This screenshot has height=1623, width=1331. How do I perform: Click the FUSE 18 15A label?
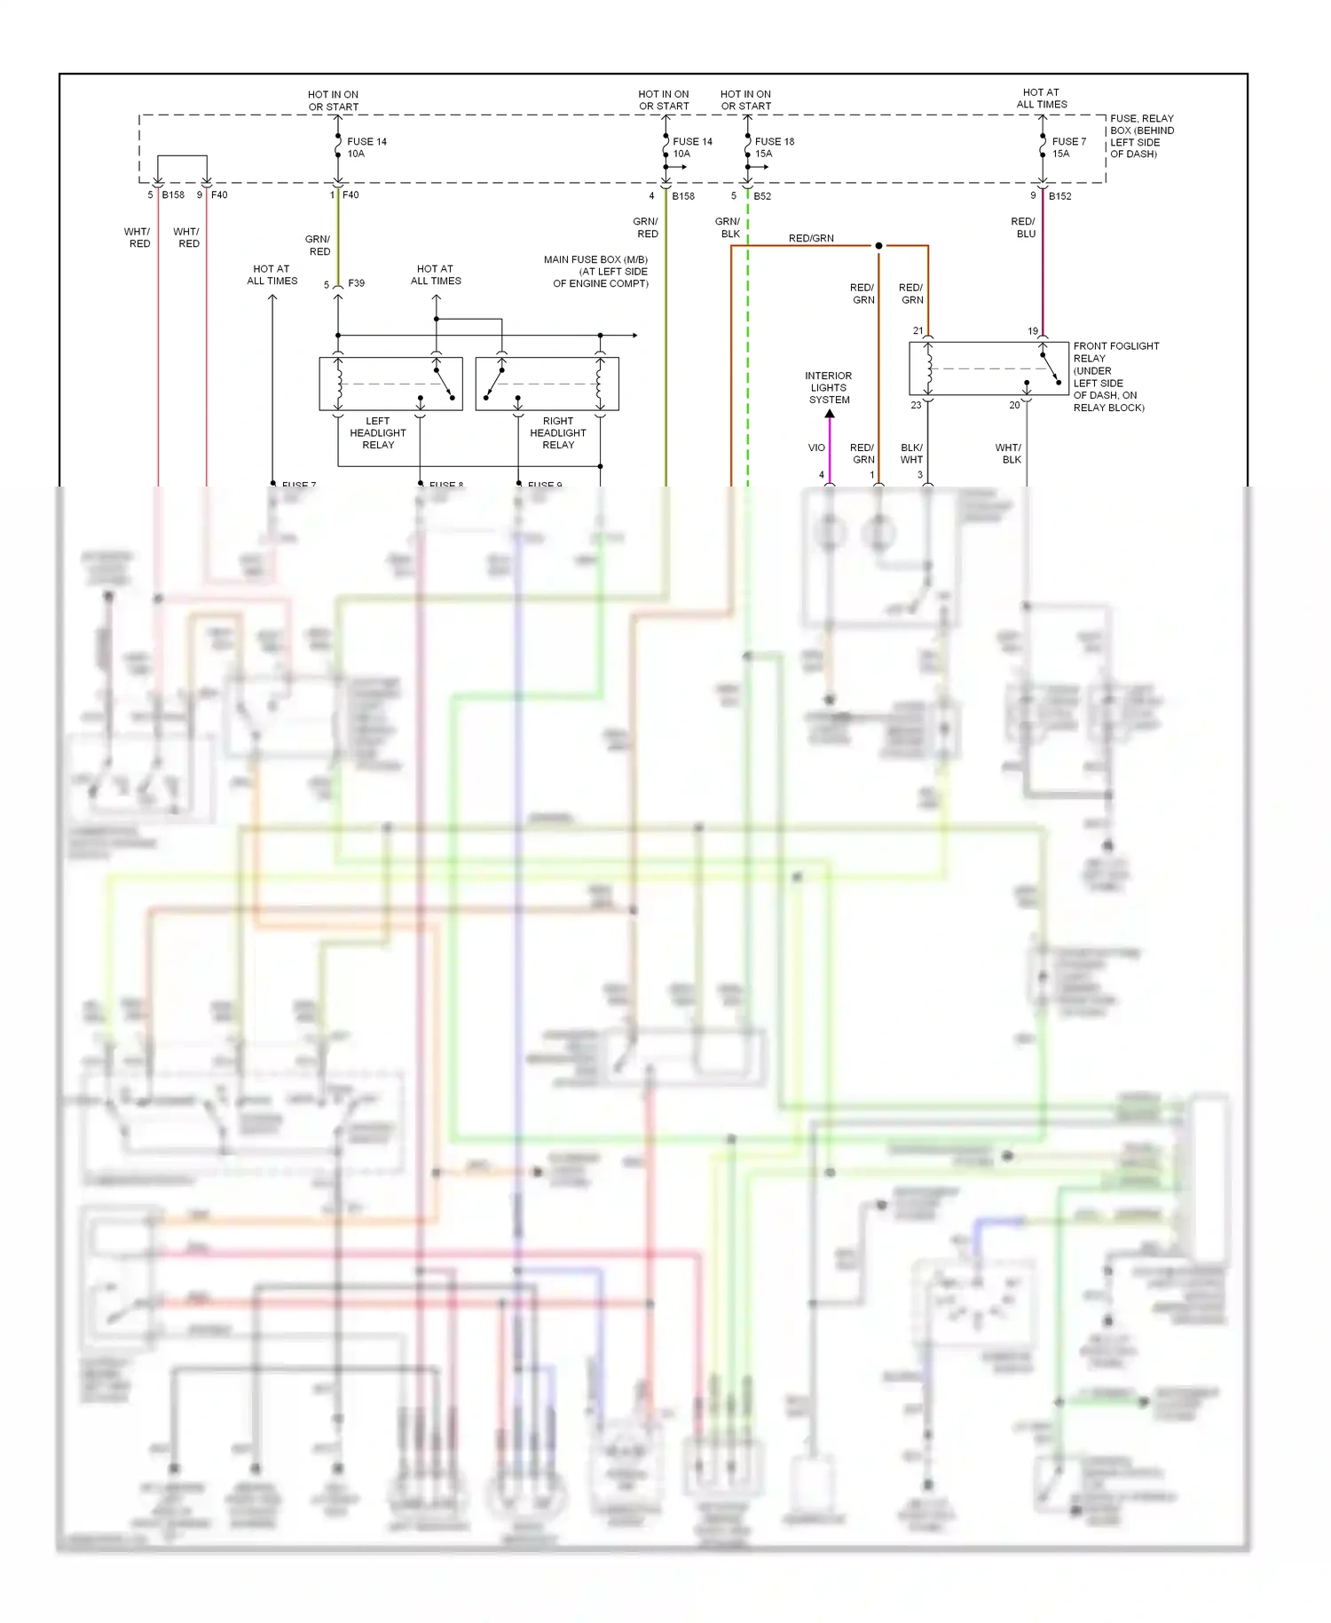[x=774, y=147]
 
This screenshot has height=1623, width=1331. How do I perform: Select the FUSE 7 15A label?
[x=1067, y=147]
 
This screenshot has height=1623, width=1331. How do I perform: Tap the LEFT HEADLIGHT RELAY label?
[x=378, y=433]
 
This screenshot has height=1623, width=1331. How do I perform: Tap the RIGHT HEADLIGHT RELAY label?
[x=558, y=433]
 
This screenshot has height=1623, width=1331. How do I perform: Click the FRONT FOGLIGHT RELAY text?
[x=1115, y=352]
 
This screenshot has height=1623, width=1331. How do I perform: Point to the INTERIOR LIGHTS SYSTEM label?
[x=829, y=388]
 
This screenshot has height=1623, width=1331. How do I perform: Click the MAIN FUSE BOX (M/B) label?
[x=596, y=260]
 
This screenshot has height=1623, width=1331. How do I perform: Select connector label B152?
[x=1059, y=196]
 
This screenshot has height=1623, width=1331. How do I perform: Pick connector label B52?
[x=762, y=196]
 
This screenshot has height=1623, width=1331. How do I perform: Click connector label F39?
[x=356, y=283]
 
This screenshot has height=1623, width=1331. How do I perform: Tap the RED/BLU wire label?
[x=1023, y=228]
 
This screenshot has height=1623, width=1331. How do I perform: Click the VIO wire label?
[x=816, y=448]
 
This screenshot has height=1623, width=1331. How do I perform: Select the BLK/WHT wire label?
[x=911, y=454]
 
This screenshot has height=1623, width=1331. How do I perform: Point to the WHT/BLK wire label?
[x=1009, y=454]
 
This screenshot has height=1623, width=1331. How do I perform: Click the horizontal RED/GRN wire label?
[x=811, y=238]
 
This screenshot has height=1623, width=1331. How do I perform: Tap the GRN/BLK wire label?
[x=729, y=228]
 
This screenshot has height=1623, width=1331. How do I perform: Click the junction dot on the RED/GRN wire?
[x=878, y=246]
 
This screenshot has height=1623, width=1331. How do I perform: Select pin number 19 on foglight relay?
[x=1033, y=331]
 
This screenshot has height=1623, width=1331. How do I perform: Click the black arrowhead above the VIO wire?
[x=830, y=414]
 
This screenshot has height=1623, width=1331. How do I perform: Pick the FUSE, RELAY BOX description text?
[x=1141, y=136]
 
